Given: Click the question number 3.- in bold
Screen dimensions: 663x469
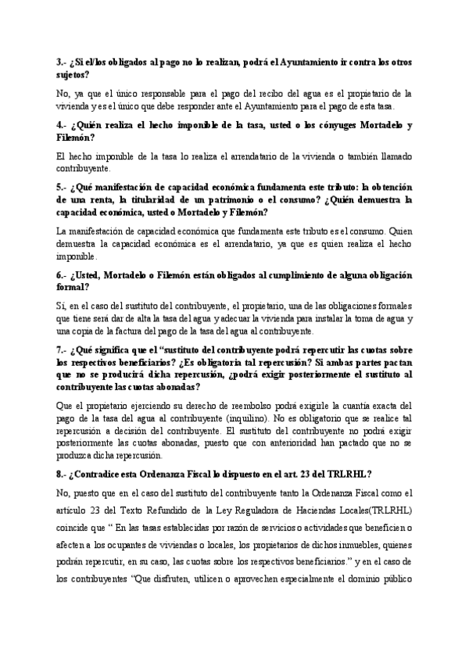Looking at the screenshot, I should point(63,61).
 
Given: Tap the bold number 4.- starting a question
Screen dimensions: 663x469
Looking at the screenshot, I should point(63,125).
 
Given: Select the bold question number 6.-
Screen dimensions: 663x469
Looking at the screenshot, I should point(63,276).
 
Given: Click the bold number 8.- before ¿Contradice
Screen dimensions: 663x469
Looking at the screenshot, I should point(63,473).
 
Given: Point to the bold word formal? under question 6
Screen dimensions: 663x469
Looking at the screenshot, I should point(73,288).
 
